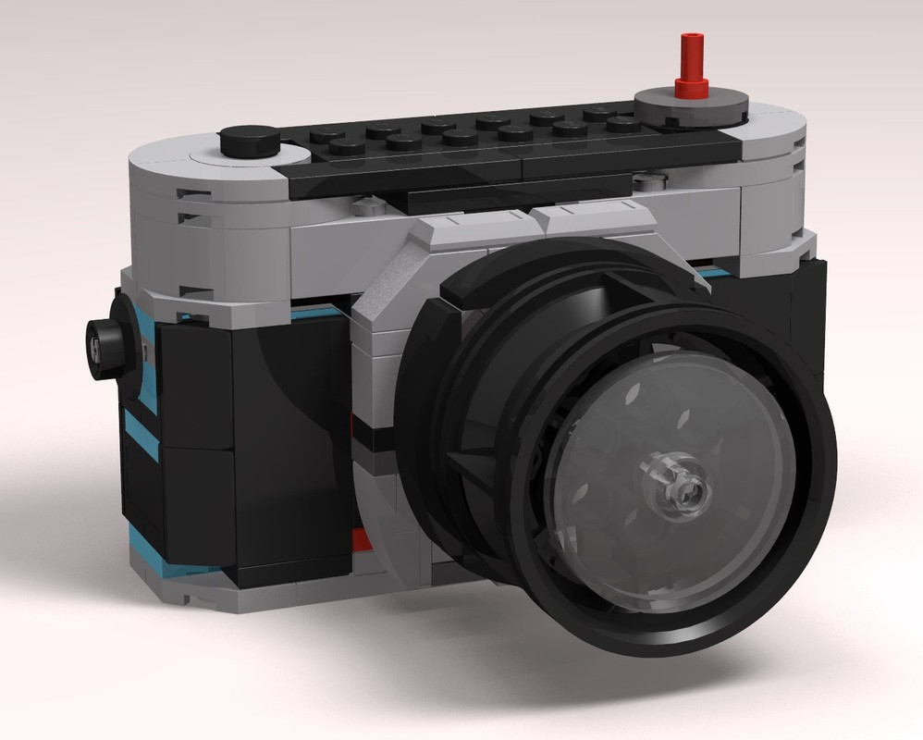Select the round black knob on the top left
coord(250,140)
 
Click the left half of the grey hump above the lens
coord(472,228)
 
